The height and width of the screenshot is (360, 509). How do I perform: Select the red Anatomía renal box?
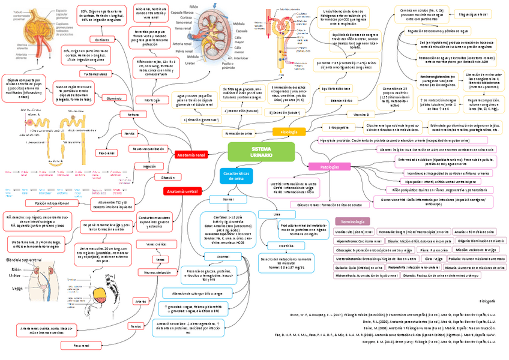pyautogui.click(x=191, y=155)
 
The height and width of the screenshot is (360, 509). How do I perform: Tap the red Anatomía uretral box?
pyautogui.click(x=182, y=191)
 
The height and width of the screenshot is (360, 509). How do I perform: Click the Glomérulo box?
pyautogui.click(x=114, y=97)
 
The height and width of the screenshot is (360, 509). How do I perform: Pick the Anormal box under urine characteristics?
pyautogui.click(x=223, y=256)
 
